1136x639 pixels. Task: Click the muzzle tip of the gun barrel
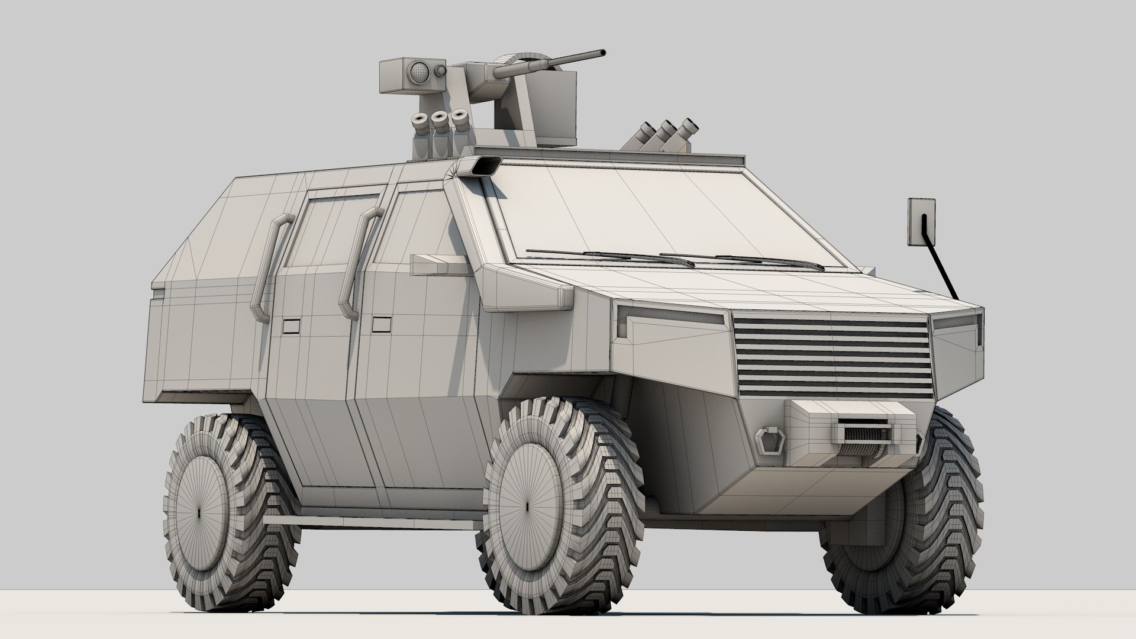[x=602, y=53]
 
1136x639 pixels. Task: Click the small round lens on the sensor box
[x=440, y=70]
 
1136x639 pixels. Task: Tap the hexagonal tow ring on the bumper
[x=770, y=441]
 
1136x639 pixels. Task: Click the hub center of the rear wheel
[x=199, y=511]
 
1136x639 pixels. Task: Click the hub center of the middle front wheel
[x=527, y=508]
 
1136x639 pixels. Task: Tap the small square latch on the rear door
[x=291, y=326]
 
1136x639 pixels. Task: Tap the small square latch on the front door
[x=382, y=324]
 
